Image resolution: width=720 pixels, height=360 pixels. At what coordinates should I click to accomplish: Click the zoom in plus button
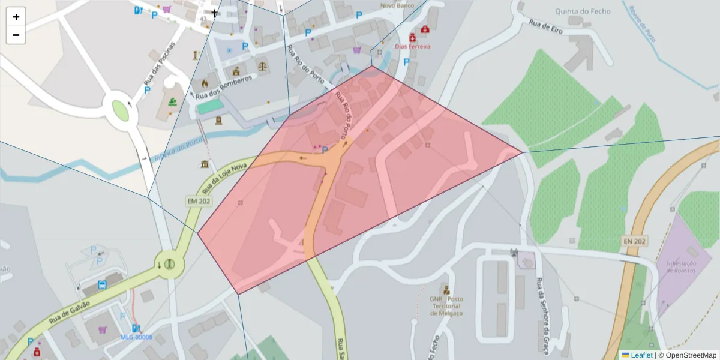pos(16,17)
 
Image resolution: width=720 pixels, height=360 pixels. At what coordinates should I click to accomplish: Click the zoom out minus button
pos(16,35)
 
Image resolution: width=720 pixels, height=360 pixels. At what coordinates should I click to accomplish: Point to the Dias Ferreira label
pos(413,46)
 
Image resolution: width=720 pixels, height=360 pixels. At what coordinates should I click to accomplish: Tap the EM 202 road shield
pos(197,202)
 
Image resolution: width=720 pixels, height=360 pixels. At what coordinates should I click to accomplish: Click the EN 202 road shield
pos(634,241)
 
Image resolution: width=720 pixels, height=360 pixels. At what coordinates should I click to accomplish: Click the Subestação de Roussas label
pos(680,267)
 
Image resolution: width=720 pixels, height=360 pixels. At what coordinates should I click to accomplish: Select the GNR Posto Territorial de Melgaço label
pos(446,305)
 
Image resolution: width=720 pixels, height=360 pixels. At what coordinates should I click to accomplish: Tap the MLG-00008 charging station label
pos(136,337)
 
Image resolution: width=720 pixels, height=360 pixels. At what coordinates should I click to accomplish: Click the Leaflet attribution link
pos(641,355)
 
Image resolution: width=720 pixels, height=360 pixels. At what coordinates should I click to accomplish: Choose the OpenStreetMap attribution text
pos(691,355)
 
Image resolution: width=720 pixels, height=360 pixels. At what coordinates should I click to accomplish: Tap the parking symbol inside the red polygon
pos(325,149)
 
